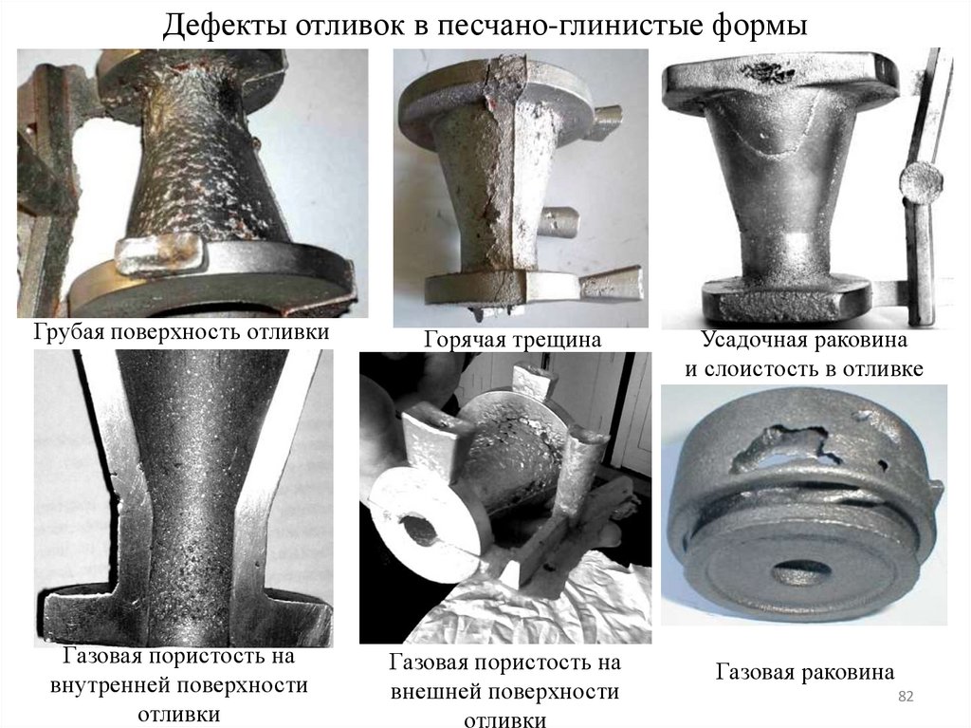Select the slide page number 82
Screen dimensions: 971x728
[x=906, y=697]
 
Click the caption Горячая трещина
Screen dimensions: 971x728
[x=513, y=339]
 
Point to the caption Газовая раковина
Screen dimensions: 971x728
[x=805, y=672]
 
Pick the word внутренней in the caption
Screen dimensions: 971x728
[x=111, y=685]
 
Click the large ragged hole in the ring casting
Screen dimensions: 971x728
[x=785, y=445]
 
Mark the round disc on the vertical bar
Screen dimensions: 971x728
[x=921, y=181]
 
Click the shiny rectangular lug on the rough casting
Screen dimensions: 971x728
[x=159, y=253]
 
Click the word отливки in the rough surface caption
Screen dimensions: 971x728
[x=288, y=332]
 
